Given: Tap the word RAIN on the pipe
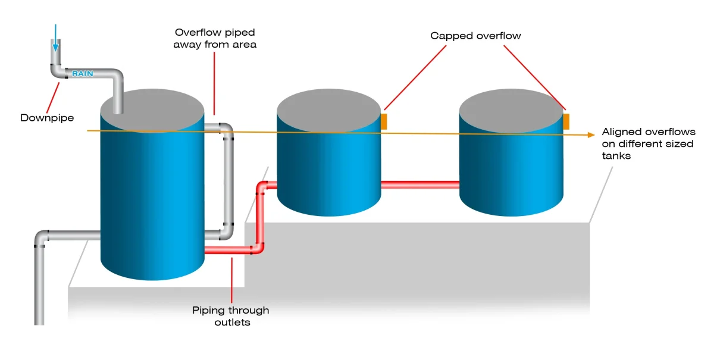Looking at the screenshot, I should (83, 74).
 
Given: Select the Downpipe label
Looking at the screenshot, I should (47, 118).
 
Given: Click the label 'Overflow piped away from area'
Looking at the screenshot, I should (215, 38).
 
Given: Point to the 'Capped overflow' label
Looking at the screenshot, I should (475, 36).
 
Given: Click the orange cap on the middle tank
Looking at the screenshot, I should (384, 121).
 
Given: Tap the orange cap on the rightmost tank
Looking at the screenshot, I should (566, 121).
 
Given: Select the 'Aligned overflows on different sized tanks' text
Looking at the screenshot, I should (648, 144).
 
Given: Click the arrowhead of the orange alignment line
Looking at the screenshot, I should (591, 135).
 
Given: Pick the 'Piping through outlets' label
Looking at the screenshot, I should (230, 316).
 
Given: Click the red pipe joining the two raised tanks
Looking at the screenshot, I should (420, 185).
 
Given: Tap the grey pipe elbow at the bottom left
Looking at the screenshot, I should (42, 236).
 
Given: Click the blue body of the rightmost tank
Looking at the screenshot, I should (511, 173).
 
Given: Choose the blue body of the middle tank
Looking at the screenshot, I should (328, 173).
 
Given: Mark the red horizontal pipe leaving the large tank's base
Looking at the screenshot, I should (226, 251).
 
